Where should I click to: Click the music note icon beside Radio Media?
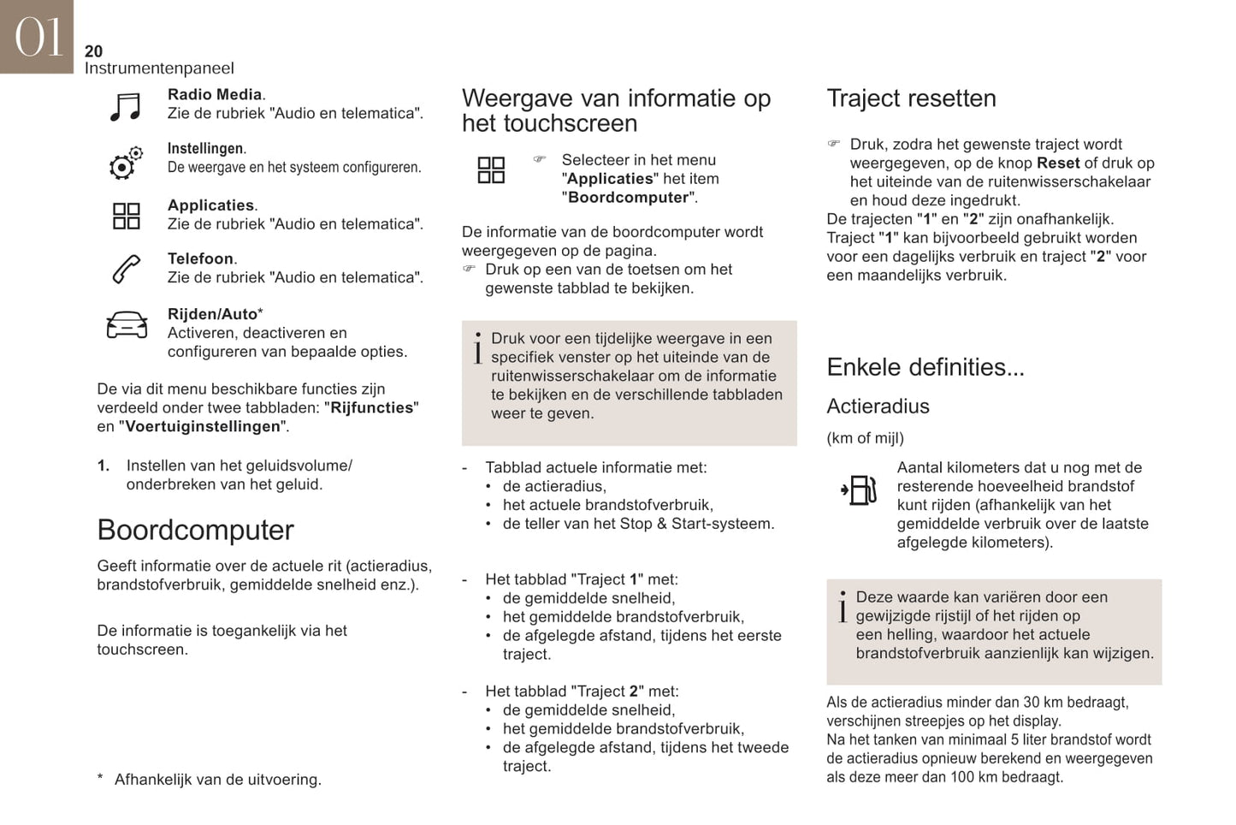click(126, 107)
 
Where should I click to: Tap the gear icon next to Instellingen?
click(125, 163)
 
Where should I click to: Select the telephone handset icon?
click(126, 269)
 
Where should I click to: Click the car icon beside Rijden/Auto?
click(127, 325)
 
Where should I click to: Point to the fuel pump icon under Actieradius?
click(859, 490)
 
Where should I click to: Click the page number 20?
click(93, 51)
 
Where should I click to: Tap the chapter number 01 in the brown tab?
click(38, 38)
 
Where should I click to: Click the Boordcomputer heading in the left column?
click(195, 530)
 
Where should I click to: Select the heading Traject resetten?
click(911, 98)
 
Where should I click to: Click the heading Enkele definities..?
click(925, 367)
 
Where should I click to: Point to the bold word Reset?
click(1057, 163)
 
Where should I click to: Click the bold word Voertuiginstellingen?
click(203, 426)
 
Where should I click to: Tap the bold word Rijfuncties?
click(372, 407)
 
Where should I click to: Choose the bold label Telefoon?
click(200, 258)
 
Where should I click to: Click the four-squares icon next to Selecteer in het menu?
click(491, 169)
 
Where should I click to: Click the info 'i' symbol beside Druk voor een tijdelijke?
click(477, 347)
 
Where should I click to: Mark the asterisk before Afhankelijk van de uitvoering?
click(100, 779)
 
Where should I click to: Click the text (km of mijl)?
click(865, 438)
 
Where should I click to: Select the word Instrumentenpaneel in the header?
click(158, 68)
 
